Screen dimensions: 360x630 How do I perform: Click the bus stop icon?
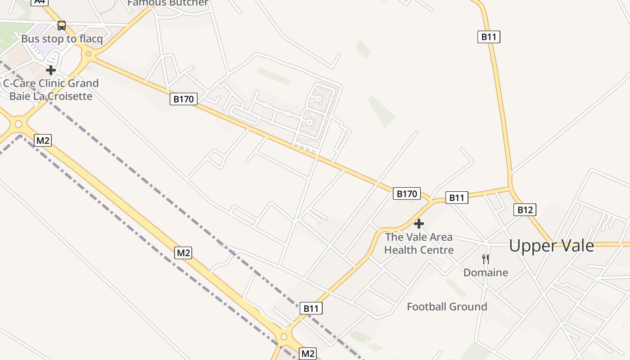[x=62, y=26]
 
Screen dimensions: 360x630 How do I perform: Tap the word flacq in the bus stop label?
[x=91, y=39]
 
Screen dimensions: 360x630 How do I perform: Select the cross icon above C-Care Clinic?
[x=51, y=70]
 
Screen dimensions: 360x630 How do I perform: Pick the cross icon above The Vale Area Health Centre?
[x=419, y=224]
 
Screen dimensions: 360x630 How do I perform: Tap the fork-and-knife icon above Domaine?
[x=486, y=259]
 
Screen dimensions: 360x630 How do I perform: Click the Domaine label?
[x=486, y=273]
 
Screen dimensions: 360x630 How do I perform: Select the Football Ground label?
[x=447, y=307]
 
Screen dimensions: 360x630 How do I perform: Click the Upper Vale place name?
[x=551, y=246]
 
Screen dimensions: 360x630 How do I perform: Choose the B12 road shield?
[x=525, y=210]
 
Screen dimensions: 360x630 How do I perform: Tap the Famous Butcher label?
[x=168, y=3]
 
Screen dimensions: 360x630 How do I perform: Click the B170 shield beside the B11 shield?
[x=406, y=194]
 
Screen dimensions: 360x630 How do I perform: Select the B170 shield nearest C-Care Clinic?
[x=184, y=99]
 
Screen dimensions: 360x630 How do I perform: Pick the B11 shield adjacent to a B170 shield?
[x=457, y=198]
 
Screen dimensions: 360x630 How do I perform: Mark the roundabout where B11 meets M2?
[x=284, y=337]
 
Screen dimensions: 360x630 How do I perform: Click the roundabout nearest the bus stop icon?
[x=88, y=54]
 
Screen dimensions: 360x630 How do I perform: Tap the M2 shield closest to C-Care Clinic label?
[x=43, y=140]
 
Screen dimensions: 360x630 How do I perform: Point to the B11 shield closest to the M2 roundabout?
[x=311, y=309]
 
